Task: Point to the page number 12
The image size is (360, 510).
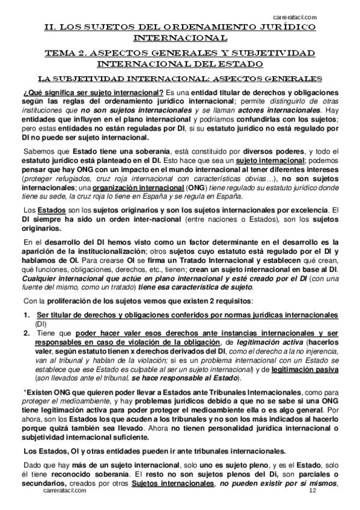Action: click(x=312, y=507)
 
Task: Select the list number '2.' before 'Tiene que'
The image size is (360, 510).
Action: click(x=26, y=333)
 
